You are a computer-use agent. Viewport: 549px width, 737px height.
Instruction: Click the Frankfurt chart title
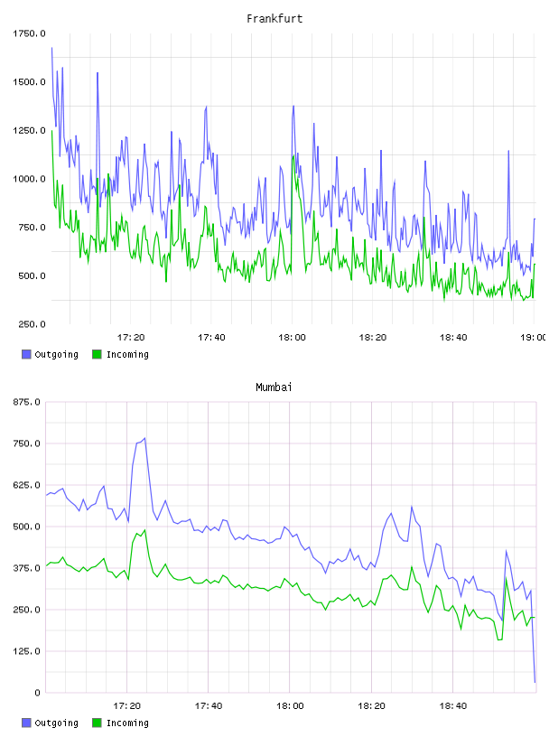click(x=274, y=19)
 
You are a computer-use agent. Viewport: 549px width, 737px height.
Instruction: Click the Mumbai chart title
click(x=274, y=387)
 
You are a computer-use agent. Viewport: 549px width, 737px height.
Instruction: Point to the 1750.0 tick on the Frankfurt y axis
click(x=29, y=33)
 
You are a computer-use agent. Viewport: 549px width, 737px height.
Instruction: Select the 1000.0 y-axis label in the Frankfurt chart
click(x=29, y=179)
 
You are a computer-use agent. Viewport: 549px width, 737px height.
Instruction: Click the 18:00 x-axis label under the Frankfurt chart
click(x=292, y=338)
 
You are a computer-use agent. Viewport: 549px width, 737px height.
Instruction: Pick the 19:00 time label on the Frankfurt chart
click(x=534, y=338)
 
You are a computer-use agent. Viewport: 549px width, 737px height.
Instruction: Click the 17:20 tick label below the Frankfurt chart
click(x=131, y=338)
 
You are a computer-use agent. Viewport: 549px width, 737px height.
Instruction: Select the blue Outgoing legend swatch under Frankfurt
click(x=26, y=354)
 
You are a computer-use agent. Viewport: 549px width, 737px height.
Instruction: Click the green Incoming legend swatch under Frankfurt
click(x=97, y=354)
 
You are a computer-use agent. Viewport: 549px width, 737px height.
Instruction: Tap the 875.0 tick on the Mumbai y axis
click(x=27, y=402)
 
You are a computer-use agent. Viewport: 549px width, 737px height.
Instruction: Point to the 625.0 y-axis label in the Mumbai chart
click(x=27, y=485)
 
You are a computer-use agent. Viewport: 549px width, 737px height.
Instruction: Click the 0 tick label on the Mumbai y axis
click(x=38, y=693)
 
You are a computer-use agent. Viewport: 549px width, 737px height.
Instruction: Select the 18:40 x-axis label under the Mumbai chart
click(x=453, y=706)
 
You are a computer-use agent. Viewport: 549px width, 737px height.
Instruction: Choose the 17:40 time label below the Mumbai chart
click(x=209, y=706)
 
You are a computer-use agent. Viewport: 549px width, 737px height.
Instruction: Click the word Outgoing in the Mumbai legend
click(x=56, y=723)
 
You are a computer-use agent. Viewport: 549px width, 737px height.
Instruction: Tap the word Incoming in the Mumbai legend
click(x=127, y=723)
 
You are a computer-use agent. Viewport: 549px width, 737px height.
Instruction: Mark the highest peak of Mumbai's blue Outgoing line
click(x=144, y=438)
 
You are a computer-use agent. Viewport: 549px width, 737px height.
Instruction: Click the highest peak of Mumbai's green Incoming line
click(x=144, y=530)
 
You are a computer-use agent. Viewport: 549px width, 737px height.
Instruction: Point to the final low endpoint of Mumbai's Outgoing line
click(x=535, y=682)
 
